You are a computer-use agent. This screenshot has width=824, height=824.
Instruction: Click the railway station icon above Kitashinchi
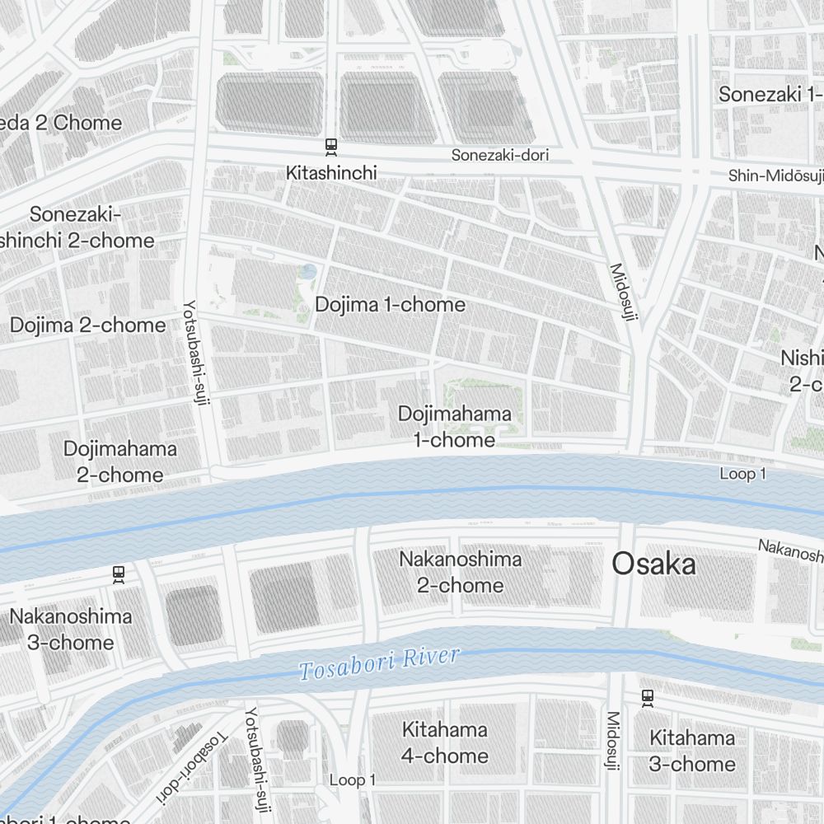[x=331, y=147]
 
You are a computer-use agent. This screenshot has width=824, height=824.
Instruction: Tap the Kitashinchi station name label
[x=331, y=172]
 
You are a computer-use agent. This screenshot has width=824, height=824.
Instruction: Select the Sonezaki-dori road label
[x=499, y=155]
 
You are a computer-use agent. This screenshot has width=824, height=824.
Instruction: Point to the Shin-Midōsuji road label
[x=775, y=176]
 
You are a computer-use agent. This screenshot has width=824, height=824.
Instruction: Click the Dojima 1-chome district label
[x=390, y=305]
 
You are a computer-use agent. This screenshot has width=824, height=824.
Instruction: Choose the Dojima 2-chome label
[x=87, y=325]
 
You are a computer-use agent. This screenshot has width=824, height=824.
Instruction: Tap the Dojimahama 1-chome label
[x=454, y=427]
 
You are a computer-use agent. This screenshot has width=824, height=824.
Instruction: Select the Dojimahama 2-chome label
[x=119, y=461]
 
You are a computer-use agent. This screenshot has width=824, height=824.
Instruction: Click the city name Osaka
[x=653, y=564]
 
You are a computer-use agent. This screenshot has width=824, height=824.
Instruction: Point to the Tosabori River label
[x=379, y=664]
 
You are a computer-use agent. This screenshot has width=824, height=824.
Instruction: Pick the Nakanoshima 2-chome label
[x=461, y=572]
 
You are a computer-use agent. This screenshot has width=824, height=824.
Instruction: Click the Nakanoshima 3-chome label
[x=70, y=629]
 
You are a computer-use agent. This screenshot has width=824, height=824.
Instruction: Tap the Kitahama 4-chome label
[x=445, y=742]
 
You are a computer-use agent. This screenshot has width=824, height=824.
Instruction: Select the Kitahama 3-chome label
[x=691, y=751]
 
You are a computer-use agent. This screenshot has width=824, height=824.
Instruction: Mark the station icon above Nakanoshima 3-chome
[x=119, y=574]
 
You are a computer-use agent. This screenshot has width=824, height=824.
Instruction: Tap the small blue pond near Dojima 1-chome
[x=308, y=271]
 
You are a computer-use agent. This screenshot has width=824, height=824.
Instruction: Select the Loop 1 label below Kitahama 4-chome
[x=352, y=780]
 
